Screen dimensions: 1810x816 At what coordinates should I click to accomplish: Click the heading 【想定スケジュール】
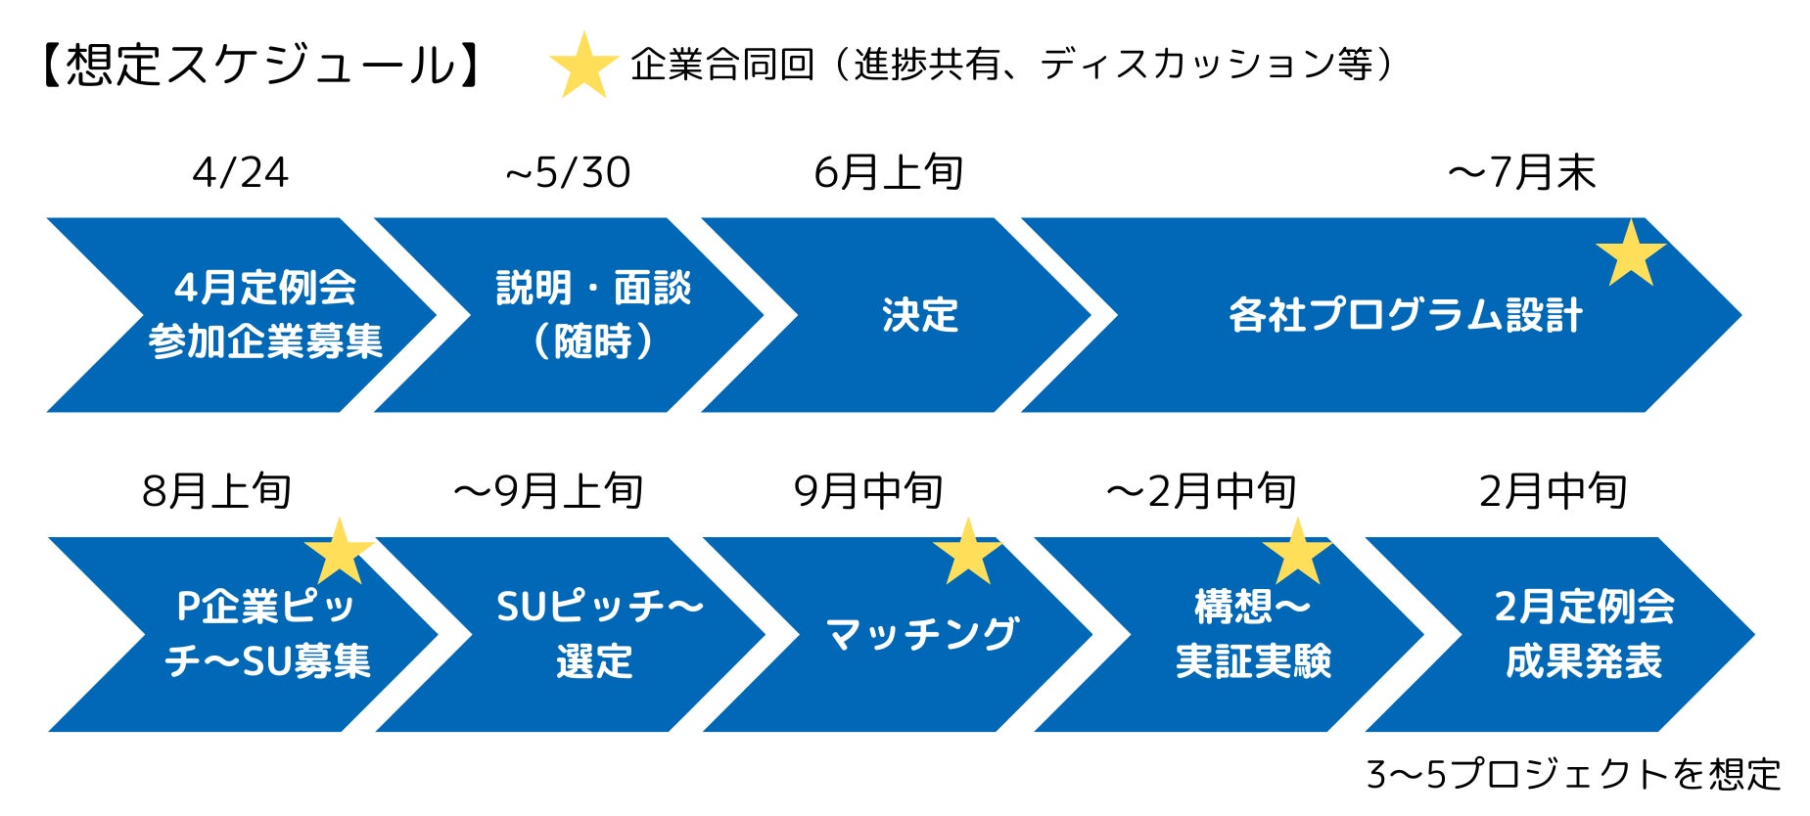click(261, 65)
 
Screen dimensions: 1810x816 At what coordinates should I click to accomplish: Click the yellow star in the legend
click(583, 66)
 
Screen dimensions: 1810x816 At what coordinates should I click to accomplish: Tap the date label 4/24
click(241, 173)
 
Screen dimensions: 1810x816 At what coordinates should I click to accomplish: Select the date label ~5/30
click(568, 173)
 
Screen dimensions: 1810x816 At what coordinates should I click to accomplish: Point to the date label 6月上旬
click(889, 173)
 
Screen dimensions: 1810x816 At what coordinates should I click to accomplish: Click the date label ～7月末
click(1521, 173)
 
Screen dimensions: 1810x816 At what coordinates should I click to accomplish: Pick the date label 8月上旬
click(216, 491)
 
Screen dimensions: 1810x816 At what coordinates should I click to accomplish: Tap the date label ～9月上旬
click(548, 491)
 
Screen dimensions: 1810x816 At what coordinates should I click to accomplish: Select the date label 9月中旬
click(868, 491)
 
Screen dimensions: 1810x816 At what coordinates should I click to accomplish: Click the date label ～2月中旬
click(1201, 491)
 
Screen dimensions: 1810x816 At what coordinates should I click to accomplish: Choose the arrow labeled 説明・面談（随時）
click(593, 315)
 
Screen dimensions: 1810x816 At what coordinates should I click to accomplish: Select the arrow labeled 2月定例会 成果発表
click(1583, 634)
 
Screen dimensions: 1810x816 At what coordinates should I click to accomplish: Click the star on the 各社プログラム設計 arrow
click(1631, 254)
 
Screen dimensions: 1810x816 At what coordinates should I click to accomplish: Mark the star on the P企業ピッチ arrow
click(339, 552)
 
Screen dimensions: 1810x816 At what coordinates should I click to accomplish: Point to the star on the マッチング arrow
click(967, 553)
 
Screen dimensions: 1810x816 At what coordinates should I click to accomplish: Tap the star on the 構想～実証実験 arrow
click(1297, 553)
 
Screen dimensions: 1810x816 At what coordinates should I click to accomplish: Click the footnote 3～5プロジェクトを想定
click(1573, 775)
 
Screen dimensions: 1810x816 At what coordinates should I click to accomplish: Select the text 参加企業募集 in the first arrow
click(265, 342)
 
